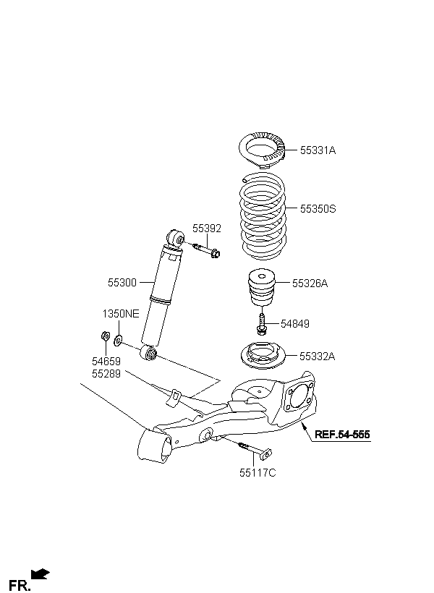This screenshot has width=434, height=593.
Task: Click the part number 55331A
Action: pyautogui.click(x=318, y=150)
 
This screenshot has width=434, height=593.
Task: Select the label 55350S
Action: pyautogui.click(x=318, y=209)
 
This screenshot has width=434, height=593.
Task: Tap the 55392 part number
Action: pyautogui.click(x=207, y=229)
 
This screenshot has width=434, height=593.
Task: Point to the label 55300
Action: pyautogui.click(x=122, y=283)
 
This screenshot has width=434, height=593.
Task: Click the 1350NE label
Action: pyautogui.click(x=121, y=314)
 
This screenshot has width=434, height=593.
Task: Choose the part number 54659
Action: pyautogui.click(x=106, y=361)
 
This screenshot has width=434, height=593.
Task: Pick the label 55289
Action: pyautogui.click(x=106, y=374)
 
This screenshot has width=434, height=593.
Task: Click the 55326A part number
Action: pyautogui.click(x=310, y=283)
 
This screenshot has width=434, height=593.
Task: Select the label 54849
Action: pyautogui.click(x=294, y=324)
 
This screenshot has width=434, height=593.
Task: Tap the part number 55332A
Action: pyautogui.click(x=317, y=357)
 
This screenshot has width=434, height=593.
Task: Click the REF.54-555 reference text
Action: pyautogui.click(x=342, y=435)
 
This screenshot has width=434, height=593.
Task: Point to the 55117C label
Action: pyautogui.click(x=258, y=473)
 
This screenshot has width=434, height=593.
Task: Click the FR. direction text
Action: pyautogui.click(x=20, y=586)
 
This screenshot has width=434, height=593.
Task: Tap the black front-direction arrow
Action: pyautogui.click(x=41, y=573)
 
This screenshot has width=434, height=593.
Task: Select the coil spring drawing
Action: pyautogui.click(x=263, y=216)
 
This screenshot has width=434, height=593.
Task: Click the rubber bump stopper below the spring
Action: pyautogui.click(x=261, y=286)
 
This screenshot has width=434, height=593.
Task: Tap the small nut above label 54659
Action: pyautogui.click(x=105, y=336)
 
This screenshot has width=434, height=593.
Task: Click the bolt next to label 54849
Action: pyautogui.click(x=261, y=324)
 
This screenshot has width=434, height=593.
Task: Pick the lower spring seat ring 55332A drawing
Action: pyautogui.click(x=263, y=357)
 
